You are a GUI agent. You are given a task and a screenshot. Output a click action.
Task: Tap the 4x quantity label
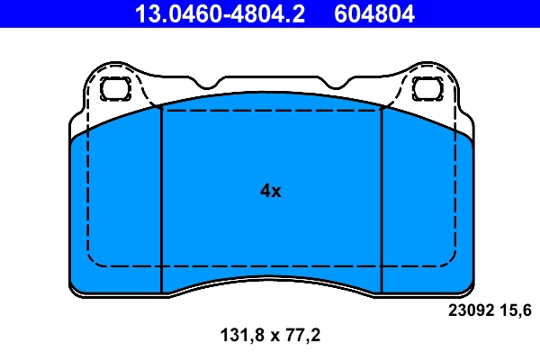pyautogui.click(x=270, y=191)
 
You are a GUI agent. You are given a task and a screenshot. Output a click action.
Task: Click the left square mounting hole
pyautogui.click(x=115, y=88)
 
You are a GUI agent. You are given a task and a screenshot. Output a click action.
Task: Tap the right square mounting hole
pyautogui.click(x=426, y=88)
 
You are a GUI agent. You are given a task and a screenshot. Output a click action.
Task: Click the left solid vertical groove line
pyautogui.click(x=160, y=198)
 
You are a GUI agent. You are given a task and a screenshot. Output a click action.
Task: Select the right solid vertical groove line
pyautogui.click(x=382, y=198)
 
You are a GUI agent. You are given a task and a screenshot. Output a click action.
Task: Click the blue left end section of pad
pyautogui.click(x=115, y=207)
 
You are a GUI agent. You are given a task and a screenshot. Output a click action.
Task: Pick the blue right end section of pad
pyautogui.click(x=427, y=207)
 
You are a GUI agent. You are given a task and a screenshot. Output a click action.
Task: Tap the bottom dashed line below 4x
pyautogui.click(x=270, y=266)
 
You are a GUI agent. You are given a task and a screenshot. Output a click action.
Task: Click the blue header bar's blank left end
pyautogui.click(x=54, y=13)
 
